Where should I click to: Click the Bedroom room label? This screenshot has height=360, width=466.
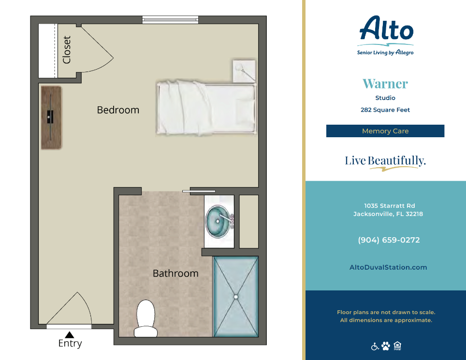point(118,110)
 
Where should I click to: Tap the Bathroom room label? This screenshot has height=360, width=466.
point(175,274)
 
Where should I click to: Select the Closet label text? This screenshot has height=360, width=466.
point(67,50)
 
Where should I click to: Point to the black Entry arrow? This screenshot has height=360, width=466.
point(70,335)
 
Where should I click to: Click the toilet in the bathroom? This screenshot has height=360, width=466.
point(146,319)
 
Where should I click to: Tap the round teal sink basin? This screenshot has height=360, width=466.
point(218,221)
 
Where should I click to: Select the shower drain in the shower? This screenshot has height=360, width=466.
point(236,297)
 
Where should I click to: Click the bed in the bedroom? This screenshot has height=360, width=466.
point(206,108)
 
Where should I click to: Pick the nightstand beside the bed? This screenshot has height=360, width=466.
point(244,72)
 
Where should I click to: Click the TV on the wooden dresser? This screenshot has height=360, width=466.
point(51,117)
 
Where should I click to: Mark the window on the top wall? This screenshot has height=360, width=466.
point(170,20)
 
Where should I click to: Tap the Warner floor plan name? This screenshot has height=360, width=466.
point(385,84)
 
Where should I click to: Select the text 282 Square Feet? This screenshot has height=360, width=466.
point(385,110)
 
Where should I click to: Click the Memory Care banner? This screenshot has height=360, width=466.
point(385,131)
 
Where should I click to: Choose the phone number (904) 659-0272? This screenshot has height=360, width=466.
point(389,240)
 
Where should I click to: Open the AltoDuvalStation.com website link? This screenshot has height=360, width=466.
point(388,267)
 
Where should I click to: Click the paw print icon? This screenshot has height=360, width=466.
point(386,346)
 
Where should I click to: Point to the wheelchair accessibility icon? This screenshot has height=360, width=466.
point(375,346)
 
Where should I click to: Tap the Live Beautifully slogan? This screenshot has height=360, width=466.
point(385,161)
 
